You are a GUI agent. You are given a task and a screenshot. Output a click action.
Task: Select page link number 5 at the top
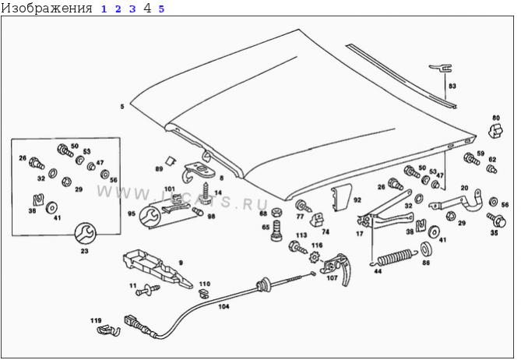(161, 9)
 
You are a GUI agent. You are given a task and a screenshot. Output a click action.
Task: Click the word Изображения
(47, 9)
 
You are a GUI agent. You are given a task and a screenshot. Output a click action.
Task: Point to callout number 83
(452, 86)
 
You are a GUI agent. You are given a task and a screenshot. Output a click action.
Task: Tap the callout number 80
(495, 118)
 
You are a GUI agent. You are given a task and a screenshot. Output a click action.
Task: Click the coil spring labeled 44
(396, 256)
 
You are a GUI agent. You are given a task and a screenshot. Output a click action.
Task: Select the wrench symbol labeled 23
(83, 231)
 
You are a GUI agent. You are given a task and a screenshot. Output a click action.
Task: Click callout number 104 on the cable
(224, 308)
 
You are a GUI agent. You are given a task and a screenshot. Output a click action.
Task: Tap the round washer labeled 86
(426, 249)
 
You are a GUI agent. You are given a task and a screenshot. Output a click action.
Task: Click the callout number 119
(96, 320)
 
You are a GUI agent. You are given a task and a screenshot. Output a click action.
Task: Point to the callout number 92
(357, 200)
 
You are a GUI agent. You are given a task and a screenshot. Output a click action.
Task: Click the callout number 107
(332, 277)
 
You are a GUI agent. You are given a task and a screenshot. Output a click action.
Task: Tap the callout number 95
(132, 214)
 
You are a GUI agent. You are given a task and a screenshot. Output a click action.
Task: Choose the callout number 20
(464, 189)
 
